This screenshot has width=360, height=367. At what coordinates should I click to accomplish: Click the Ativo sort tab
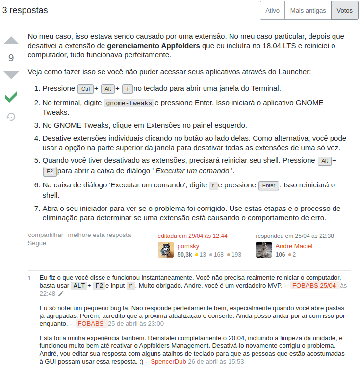tap(272, 10)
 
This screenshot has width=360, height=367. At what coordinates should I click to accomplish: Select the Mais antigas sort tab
tap(308, 10)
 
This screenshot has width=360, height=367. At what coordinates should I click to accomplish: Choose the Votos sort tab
tap(345, 10)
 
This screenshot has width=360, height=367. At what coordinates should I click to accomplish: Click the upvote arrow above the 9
tap(11, 41)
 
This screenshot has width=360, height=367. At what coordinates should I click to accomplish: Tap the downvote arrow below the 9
tap(11, 75)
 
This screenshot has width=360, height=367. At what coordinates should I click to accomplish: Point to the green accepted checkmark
tap(11, 97)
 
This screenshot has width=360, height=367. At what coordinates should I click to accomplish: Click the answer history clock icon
tap(11, 117)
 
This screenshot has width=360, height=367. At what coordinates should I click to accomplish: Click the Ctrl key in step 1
tap(85, 89)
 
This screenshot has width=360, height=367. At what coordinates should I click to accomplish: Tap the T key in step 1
tap(128, 89)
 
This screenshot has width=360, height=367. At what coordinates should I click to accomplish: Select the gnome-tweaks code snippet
tap(129, 103)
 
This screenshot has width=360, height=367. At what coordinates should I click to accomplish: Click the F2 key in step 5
tap(50, 171)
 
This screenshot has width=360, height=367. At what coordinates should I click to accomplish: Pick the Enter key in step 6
tap(269, 185)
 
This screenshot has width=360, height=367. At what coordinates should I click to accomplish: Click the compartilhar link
tap(46, 235)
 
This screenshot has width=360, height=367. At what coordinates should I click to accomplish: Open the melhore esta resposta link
tap(100, 235)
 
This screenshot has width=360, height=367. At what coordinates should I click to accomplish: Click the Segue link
tap(37, 243)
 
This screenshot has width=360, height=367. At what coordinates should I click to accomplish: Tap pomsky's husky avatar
tap(166, 250)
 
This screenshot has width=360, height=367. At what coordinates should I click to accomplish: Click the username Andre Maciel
tap(294, 246)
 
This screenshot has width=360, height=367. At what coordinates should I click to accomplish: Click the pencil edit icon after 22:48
tap(61, 293)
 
